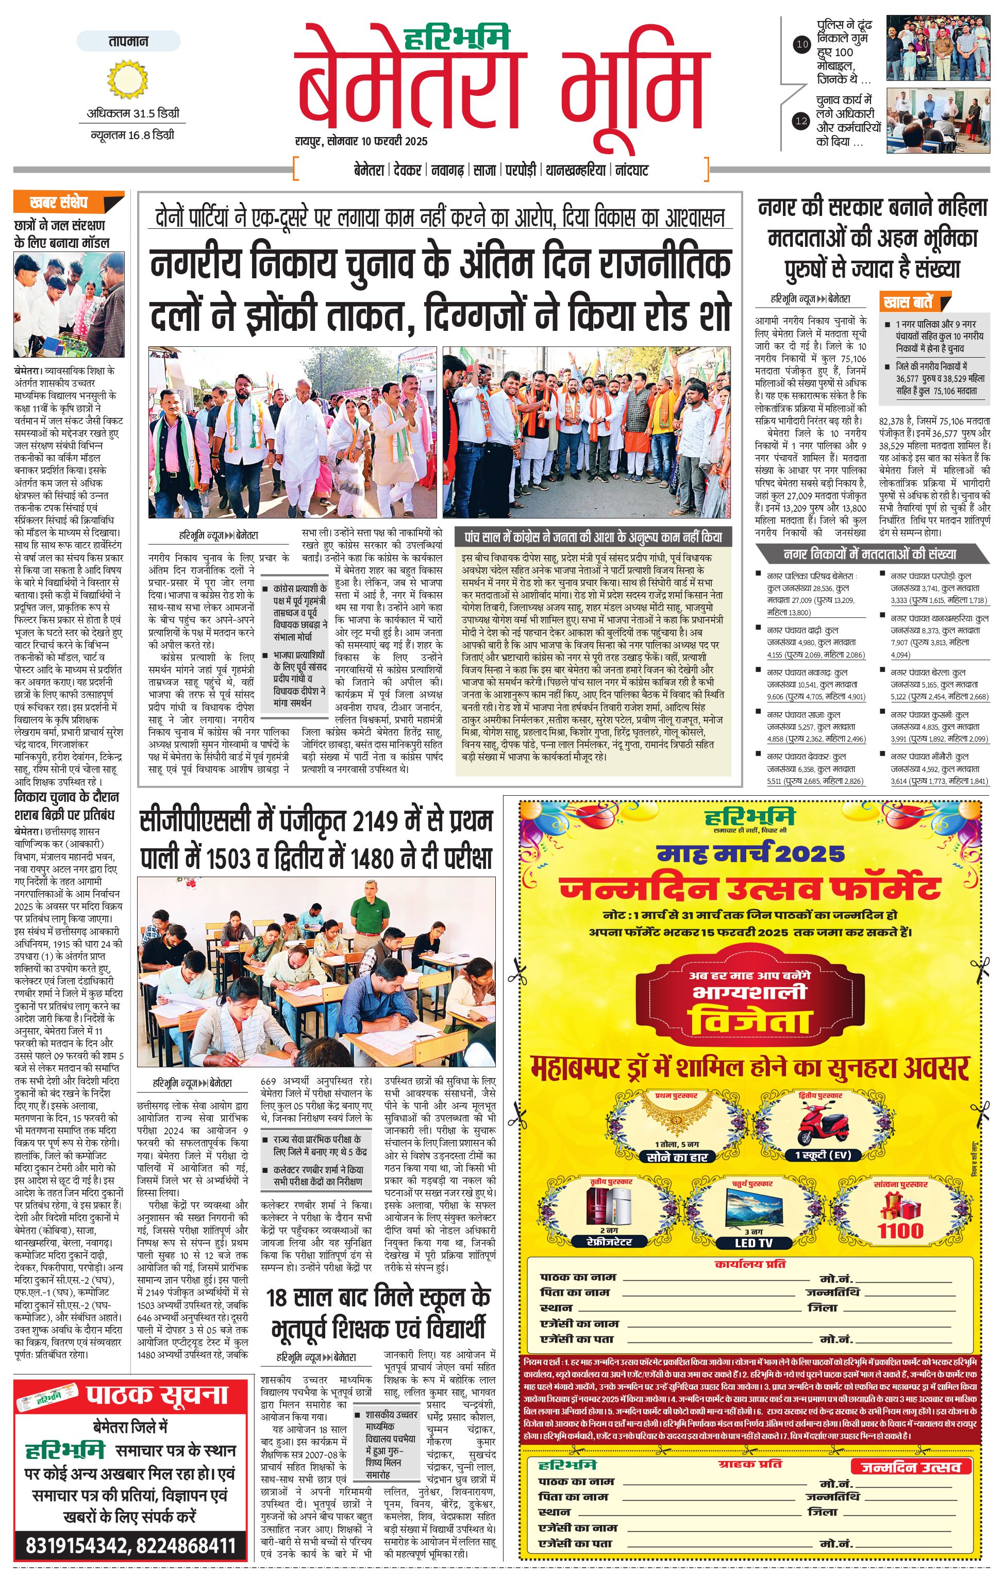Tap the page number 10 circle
click(801, 45)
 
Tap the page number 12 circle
click(801, 121)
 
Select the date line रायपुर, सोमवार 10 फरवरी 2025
click(361, 141)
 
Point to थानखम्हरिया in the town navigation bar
click(575, 170)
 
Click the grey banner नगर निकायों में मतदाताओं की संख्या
click(869, 553)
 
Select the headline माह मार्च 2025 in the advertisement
click(750, 854)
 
